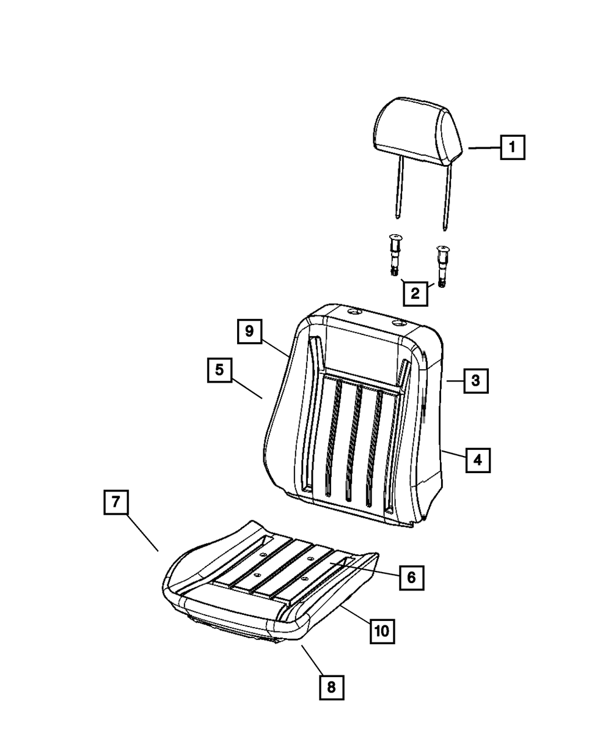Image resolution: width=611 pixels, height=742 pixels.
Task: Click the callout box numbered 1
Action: pyautogui.click(x=512, y=147)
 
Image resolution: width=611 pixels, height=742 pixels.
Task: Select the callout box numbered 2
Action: pyautogui.click(x=415, y=294)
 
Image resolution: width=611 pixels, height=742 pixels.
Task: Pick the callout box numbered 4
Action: pyautogui.click(x=478, y=460)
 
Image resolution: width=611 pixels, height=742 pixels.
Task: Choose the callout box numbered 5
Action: pyautogui.click(x=219, y=370)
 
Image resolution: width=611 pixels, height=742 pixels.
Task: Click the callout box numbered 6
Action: pyautogui.click(x=411, y=576)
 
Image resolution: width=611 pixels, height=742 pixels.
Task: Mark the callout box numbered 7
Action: pyautogui.click(x=115, y=503)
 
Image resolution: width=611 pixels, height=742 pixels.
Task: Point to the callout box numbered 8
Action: pyautogui.click(x=331, y=687)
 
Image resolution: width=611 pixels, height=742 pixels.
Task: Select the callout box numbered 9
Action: pyautogui.click(x=249, y=332)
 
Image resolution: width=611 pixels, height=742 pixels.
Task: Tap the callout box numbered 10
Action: pyautogui.click(x=382, y=630)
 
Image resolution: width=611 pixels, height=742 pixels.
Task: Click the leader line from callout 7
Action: pyautogui.click(x=143, y=532)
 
